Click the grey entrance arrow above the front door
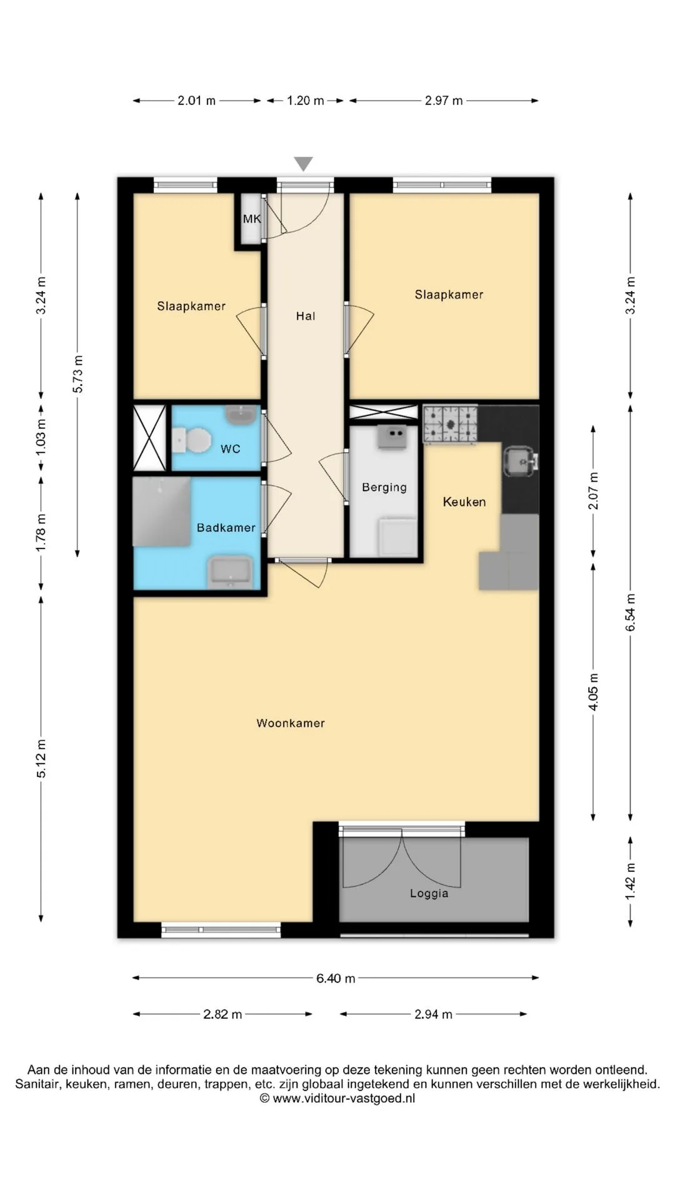304,164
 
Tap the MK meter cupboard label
252,219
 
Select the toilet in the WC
192,440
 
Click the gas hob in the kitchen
450,425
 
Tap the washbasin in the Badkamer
230,572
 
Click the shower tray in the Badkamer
162,512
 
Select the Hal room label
306,317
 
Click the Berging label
384,487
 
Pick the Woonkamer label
291,723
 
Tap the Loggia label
429,894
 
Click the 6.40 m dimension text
336,978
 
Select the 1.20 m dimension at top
306,101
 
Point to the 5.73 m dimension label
77,374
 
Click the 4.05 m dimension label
594,692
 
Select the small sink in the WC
241,415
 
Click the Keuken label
464,502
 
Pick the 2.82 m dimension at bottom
222,1015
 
